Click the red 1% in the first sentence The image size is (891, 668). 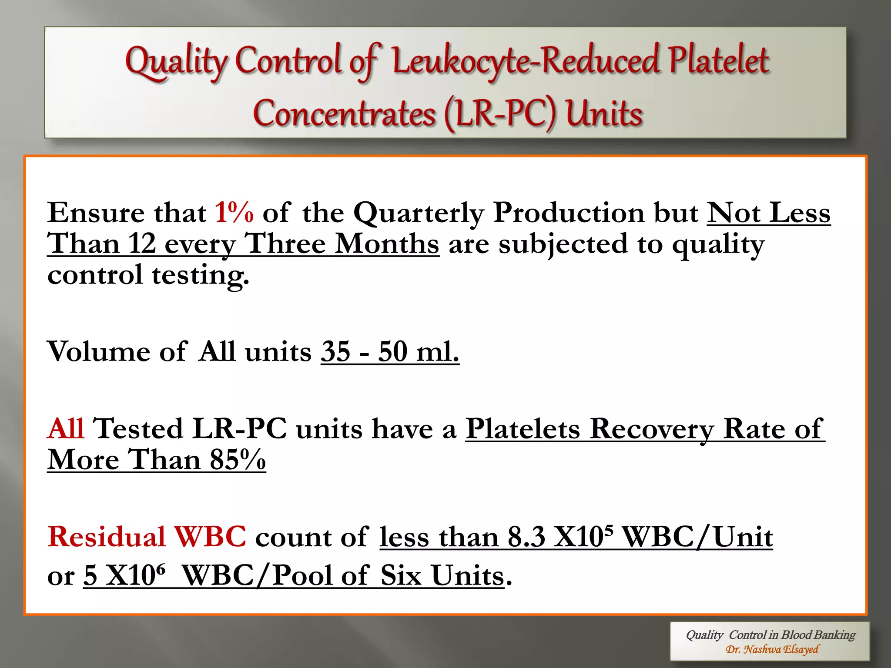(234, 213)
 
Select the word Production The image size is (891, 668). (569, 213)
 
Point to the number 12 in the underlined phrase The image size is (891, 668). (142, 244)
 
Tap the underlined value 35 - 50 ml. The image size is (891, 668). (390, 351)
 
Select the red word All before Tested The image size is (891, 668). (66, 429)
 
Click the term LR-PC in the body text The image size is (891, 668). (239, 429)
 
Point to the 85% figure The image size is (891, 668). (238, 460)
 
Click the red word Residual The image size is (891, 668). (107, 537)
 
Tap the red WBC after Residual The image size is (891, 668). (210, 537)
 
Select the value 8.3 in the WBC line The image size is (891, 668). (526, 537)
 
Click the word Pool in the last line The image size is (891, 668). (302, 576)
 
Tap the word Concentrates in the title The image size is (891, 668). (344, 114)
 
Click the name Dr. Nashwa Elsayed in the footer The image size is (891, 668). (772, 650)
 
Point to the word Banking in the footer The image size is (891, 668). (837, 635)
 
